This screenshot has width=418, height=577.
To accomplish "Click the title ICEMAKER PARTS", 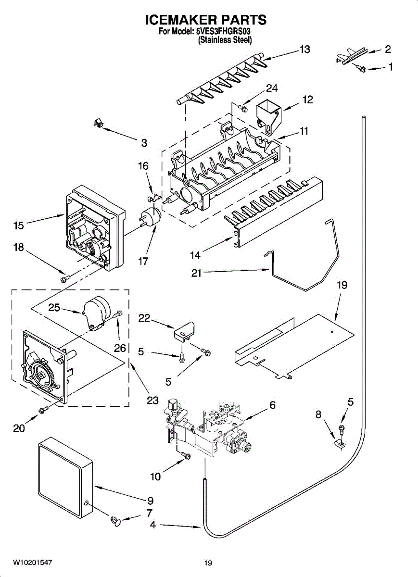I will [206, 20].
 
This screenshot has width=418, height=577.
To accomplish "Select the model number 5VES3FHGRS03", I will [224, 32].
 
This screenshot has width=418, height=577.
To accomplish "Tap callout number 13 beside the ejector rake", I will [304, 49].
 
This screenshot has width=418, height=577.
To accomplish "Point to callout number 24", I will [272, 88].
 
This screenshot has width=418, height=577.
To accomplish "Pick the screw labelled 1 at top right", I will [361, 69].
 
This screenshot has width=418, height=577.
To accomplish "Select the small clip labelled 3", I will [98, 124].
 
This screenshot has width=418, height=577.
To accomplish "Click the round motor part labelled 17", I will [150, 217].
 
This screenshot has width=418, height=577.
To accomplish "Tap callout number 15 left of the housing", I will [19, 225].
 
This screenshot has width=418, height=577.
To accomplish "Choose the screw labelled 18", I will [64, 278].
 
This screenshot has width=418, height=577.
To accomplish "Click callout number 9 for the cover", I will [150, 500].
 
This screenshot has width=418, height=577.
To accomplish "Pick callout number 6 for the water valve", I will [272, 405].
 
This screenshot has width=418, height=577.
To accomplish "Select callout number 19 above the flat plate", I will [342, 285].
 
